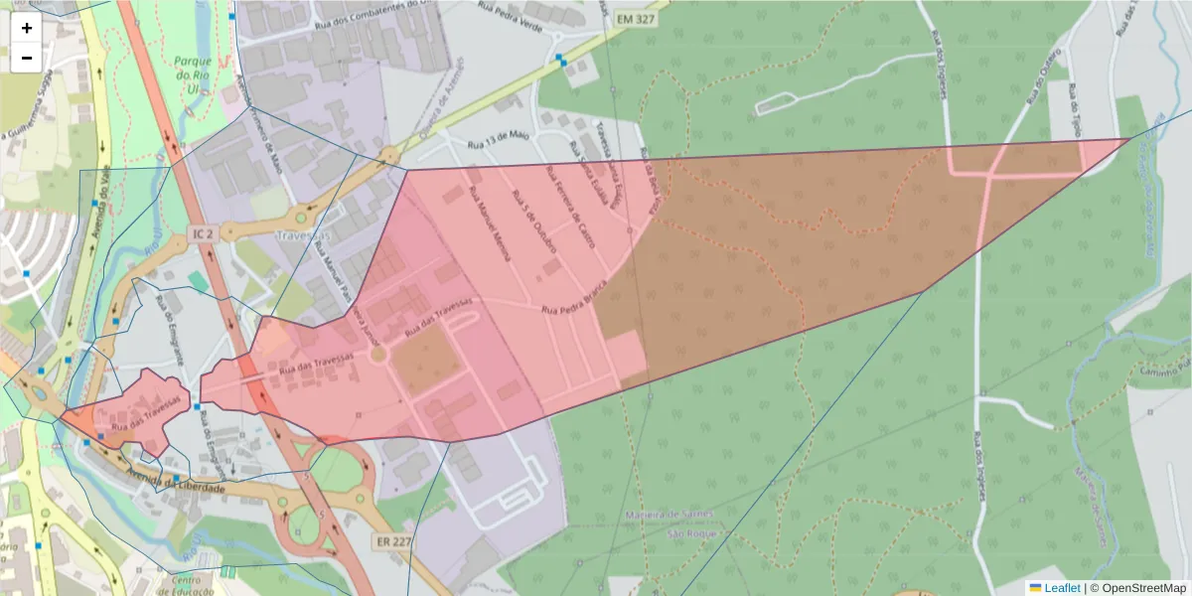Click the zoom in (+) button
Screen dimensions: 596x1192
[x=26, y=29]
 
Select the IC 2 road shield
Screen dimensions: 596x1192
[x=201, y=232]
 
